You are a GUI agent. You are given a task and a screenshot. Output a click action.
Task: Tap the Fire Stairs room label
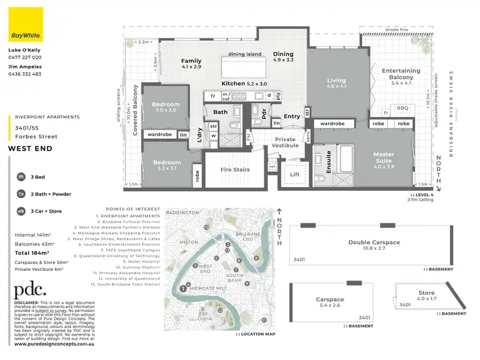pos(235,169)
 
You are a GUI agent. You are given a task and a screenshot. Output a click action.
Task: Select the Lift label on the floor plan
pos(294,174)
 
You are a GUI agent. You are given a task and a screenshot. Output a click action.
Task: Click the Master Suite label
pos(384,158)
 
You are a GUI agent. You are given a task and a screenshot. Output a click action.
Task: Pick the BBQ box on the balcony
pos(403,108)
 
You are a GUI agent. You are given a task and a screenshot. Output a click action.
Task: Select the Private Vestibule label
pos(285,142)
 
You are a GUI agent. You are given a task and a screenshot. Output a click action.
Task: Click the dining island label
pos(245,54)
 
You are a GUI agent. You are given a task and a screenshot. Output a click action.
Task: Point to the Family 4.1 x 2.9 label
pos(191,63)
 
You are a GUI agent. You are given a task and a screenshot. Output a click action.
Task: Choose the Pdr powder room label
pos(264,112)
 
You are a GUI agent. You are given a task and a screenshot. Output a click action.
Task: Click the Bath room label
pos(221,113)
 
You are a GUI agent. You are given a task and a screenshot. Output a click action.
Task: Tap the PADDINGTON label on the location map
pos(180,213)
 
